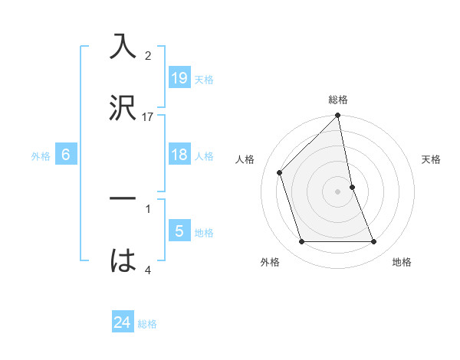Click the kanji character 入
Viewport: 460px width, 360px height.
(x=123, y=47)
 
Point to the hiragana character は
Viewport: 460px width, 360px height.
(x=123, y=260)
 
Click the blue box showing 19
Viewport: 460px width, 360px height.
(x=179, y=77)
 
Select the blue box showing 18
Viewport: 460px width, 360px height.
(x=179, y=155)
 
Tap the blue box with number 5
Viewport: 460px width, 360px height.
(x=179, y=231)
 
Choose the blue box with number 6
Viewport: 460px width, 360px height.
(x=66, y=155)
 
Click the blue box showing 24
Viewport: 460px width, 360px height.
(x=123, y=323)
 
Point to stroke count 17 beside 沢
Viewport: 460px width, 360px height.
(x=148, y=116)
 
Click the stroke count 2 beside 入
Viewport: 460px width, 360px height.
(x=148, y=56)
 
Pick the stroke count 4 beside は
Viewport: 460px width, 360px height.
(x=148, y=270)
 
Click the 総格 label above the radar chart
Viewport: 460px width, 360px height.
(x=338, y=100)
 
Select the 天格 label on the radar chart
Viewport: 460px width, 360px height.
(x=432, y=159)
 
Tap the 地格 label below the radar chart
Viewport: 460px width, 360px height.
(x=402, y=262)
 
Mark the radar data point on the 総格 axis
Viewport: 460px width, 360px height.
(x=338, y=116)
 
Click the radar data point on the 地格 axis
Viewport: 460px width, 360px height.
(x=374, y=242)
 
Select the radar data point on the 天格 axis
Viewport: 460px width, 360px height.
(x=352, y=187)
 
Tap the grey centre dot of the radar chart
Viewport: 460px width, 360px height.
(x=338, y=191)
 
